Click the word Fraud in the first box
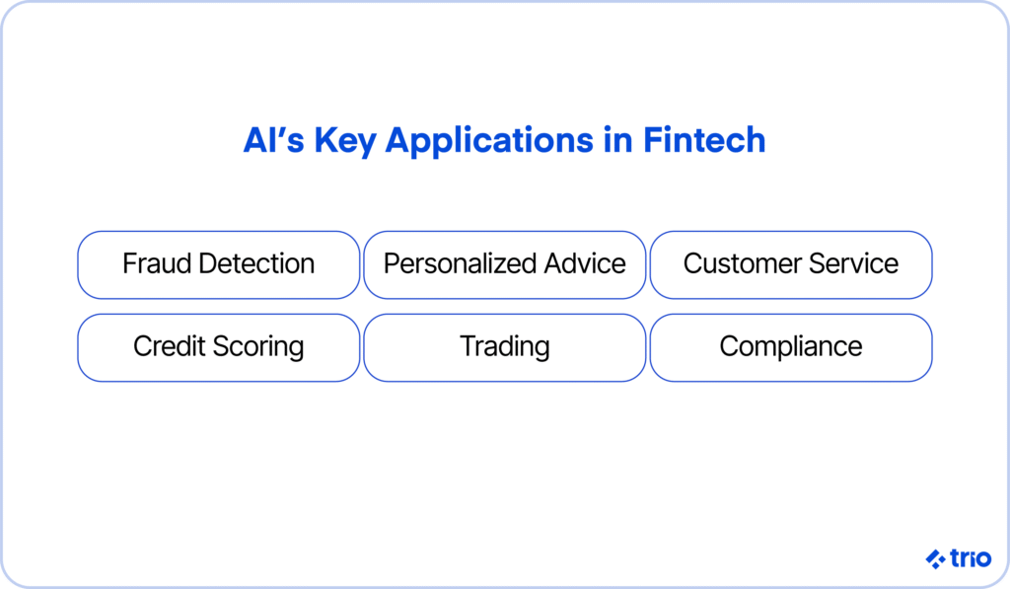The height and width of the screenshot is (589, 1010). (158, 263)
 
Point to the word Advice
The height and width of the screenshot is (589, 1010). (585, 263)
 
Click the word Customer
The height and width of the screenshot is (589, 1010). (742, 263)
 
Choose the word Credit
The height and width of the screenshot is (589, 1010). (170, 346)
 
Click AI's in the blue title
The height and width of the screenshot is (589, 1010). (273, 140)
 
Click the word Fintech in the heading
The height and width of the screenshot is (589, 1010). (704, 140)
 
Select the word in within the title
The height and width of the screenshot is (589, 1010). (617, 140)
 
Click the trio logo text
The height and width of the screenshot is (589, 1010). (971, 558)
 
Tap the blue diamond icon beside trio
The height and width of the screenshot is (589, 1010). (936, 558)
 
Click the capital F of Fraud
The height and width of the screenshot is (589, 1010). (130, 263)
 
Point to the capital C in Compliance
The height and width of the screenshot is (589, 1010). (729, 346)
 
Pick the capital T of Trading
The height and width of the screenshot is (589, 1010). (469, 346)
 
